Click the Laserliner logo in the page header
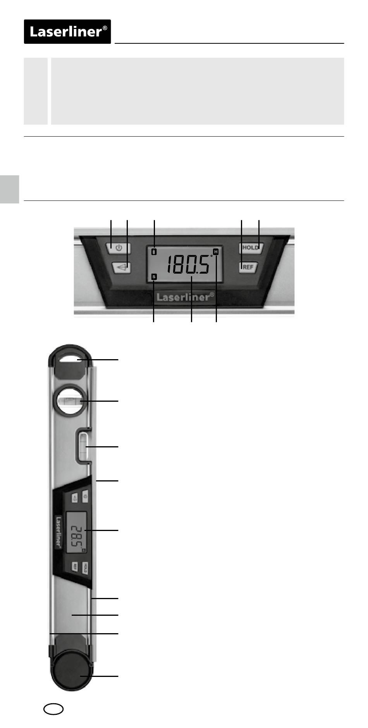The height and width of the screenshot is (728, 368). click(67, 31)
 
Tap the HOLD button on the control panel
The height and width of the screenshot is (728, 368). click(251, 247)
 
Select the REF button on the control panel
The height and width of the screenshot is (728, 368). click(248, 267)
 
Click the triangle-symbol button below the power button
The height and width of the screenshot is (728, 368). click(121, 267)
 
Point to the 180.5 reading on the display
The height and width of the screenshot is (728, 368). click(189, 265)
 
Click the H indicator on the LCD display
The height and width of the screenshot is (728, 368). click(216, 252)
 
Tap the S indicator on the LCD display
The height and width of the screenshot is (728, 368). click(154, 277)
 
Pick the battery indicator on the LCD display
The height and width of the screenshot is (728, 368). click(154, 252)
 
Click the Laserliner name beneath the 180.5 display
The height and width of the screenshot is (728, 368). click(185, 297)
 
